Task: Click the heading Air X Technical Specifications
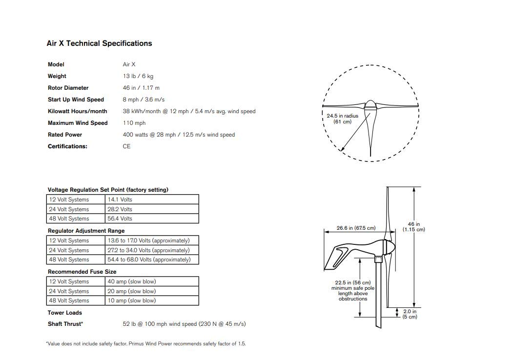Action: click(99, 43)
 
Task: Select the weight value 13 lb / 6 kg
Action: click(138, 76)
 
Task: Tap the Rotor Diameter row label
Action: click(68, 88)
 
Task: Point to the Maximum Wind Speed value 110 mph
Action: click(134, 123)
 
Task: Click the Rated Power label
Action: click(65, 135)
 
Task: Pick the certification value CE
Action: click(126, 146)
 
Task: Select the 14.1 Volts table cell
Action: click(120, 200)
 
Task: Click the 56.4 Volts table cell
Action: click(120, 219)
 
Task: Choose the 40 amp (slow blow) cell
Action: click(132, 281)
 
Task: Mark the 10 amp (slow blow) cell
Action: click(132, 300)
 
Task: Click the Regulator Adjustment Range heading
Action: click(86, 231)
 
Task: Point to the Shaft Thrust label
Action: click(65, 324)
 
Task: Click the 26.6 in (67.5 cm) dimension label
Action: click(356, 228)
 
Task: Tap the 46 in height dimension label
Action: click(413, 227)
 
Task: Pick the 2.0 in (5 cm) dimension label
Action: click(410, 314)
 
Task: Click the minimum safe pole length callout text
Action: click(352, 291)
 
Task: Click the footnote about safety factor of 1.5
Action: click(145, 343)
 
